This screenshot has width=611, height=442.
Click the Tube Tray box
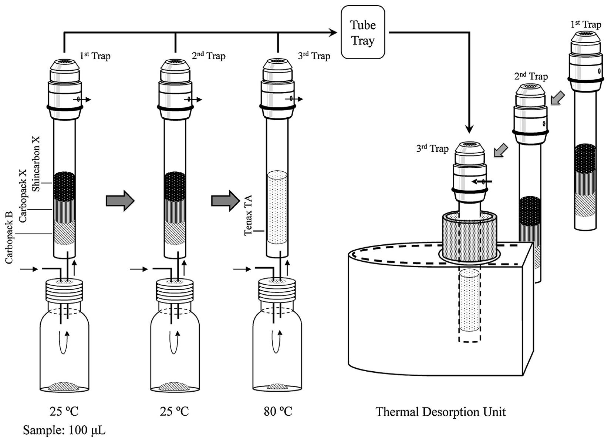click(362, 33)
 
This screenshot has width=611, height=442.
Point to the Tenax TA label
click(248, 215)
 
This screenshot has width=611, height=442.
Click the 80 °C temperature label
click(278, 411)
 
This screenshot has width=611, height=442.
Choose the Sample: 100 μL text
click(64, 430)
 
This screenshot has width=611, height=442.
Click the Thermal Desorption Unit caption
click(440, 412)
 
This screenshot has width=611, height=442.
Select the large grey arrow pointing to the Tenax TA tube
click(225, 201)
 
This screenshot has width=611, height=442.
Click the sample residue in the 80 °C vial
click(277, 386)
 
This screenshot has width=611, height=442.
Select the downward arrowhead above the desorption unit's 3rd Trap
click(469, 129)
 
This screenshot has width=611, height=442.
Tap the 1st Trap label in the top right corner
click(585, 24)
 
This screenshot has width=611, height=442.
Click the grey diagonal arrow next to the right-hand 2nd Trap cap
click(557, 99)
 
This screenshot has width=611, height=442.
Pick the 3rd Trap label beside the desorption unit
click(432, 148)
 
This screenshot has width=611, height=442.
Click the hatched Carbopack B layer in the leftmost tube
click(64, 233)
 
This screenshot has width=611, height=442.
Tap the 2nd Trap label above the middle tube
click(209, 56)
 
